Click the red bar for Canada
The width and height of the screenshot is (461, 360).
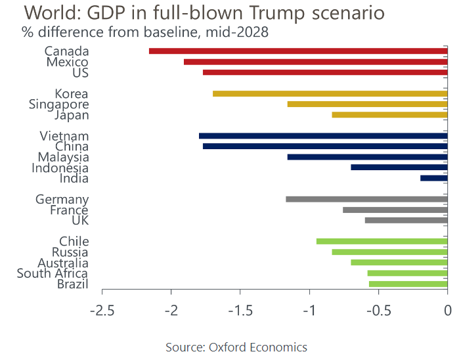[298, 51]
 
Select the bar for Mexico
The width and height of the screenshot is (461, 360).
[315, 62]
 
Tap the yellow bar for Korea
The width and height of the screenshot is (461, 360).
[330, 93]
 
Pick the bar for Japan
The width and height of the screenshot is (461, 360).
[389, 115]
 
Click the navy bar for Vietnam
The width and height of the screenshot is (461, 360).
[322, 136]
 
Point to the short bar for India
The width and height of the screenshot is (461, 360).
[433, 178]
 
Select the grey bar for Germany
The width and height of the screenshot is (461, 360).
[366, 199]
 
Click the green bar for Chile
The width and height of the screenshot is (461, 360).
[382, 241]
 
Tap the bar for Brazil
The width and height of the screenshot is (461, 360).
[408, 284]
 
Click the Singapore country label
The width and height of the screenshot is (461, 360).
[59, 104]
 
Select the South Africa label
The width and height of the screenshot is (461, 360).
[53, 273]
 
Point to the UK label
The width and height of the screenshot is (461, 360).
[80, 221]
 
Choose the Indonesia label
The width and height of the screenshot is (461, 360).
[60, 168]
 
